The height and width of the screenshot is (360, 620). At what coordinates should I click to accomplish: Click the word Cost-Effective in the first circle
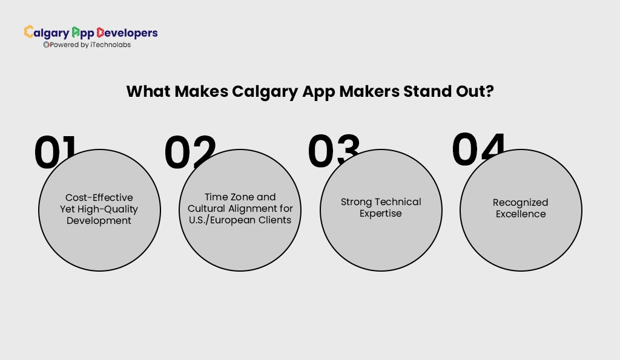point(99,198)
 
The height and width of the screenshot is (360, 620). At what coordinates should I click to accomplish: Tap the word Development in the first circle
point(99,221)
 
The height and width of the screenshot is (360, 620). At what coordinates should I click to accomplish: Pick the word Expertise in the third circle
point(380,214)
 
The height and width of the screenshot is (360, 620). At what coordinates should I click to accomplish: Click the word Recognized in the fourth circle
point(520,203)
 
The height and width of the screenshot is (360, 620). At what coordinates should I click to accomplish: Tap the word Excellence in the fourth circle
point(520,214)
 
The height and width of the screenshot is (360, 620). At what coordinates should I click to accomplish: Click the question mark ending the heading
point(489,92)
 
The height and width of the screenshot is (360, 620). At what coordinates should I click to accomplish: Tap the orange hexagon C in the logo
point(29,32)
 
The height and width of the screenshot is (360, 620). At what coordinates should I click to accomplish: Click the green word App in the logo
point(82,33)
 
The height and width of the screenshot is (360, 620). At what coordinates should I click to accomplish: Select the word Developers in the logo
point(127,33)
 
